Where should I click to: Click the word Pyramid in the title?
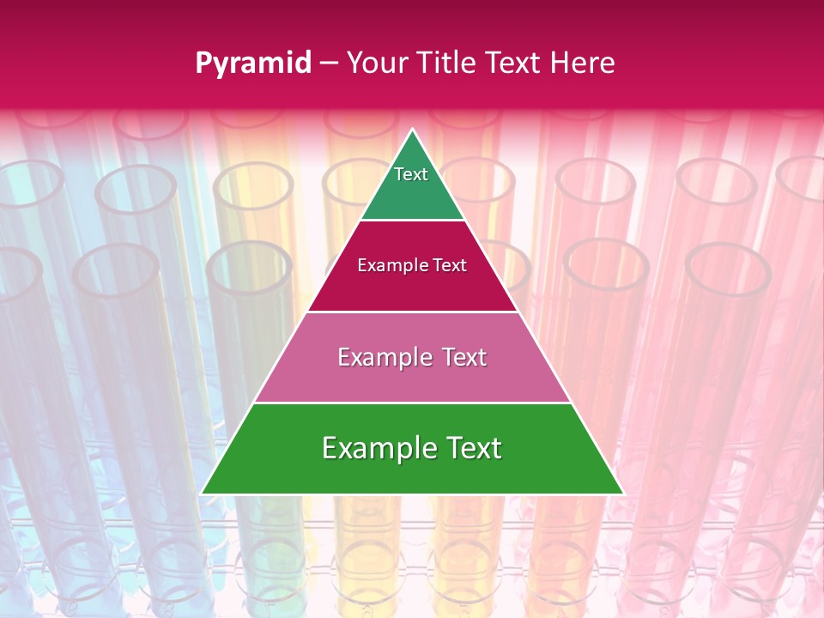tap(253, 64)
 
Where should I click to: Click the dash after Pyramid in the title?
tap(329, 64)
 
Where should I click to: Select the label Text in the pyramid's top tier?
tap(411, 174)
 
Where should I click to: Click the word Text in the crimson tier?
tap(450, 266)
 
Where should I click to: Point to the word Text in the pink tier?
tap(465, 357)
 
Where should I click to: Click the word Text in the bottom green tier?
tap(474, 448)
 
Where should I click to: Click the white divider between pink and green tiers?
tap(412, 403)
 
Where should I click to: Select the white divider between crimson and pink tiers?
tap(412, 312)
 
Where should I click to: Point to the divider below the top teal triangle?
tap(412, 221)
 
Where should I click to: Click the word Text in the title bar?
tap(514, 64)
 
